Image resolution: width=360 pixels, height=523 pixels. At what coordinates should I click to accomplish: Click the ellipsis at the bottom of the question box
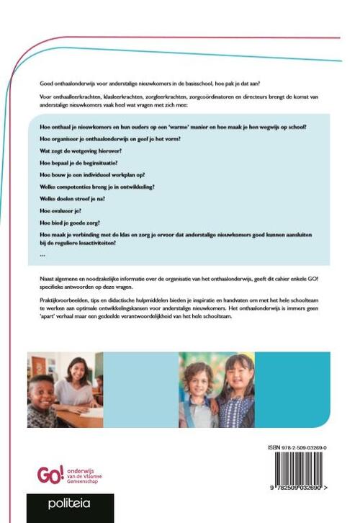42,254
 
